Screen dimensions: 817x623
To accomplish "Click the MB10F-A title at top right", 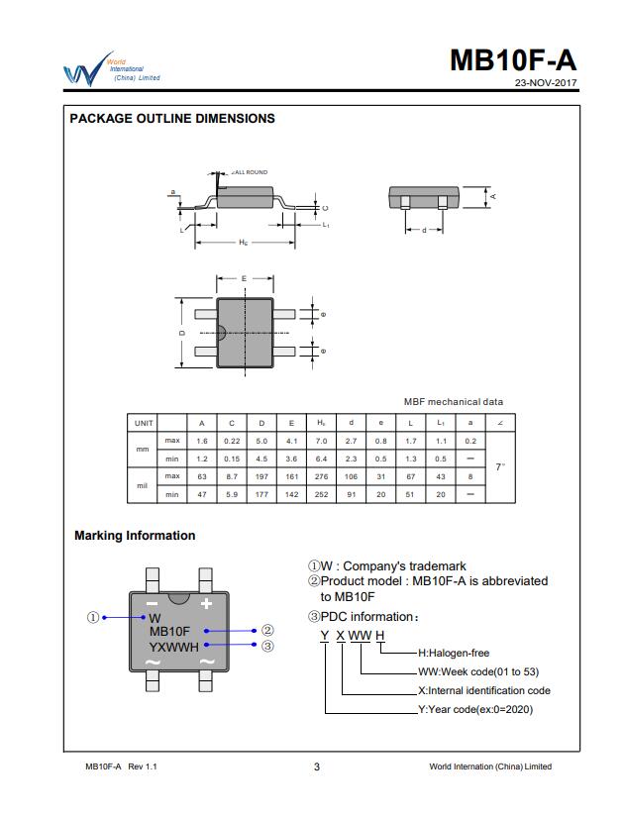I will pyautogui.click(x=512, y=60).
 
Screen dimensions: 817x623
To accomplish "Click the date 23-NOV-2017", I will pyautogui.click(x=545, y=82).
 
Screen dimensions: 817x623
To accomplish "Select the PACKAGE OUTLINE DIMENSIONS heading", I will pyautogui.click(x=172, y=119).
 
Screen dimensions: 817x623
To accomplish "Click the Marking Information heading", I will pyautogui.click(x=135, y=536).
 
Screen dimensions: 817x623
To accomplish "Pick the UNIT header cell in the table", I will pyautogui.click(x=144, y=423).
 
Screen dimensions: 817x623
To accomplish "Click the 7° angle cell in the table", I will pyautogui.click(x=499, y=466).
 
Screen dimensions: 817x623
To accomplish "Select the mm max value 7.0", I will pyautogui.click(x=321, y=441).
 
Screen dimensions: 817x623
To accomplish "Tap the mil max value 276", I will pyautogui.click(x=321, y=476).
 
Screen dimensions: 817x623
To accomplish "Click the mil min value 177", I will pyautogui.click(x=261, y=494).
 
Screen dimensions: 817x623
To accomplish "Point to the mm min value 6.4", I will pyautogui.click(x=321, y=459).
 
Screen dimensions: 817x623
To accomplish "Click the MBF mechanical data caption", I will pyautogui.click(x=453, y=402).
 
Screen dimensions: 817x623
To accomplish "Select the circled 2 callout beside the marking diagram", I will pyautogui.click(x=267, y=630).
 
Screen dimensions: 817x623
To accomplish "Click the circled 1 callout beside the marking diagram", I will pyautogui.click(x=93, y=617).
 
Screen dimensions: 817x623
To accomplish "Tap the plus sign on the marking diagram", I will pyautogui.click(x=207, y=603).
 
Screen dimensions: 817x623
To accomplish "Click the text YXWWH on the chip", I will pyautogui.click(x=173, y=648).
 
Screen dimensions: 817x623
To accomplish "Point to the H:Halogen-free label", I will pyautogui.click(x=454, y=653).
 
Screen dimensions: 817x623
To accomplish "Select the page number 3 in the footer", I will pyautogui.click(x=316, y=766).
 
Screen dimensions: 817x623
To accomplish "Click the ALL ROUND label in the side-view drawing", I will pyautogui.click(x=251, y=172).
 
